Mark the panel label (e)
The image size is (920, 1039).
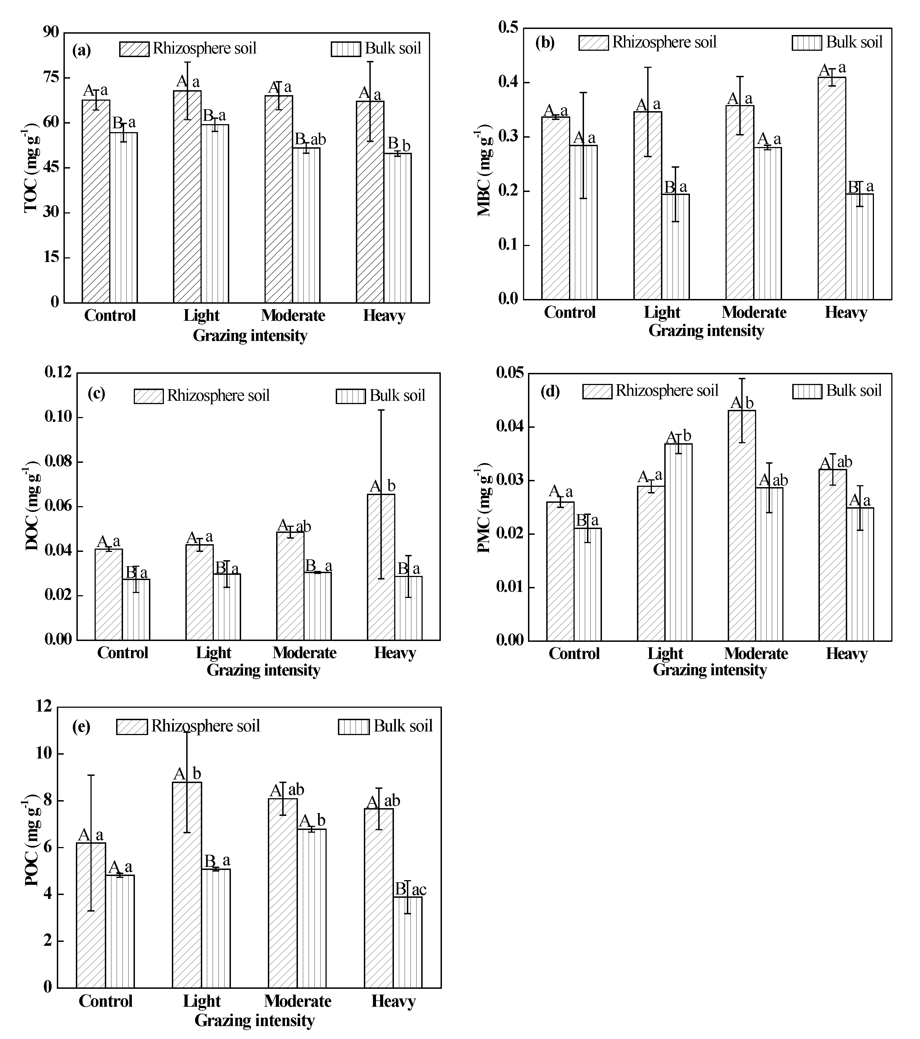[x=82, y=727]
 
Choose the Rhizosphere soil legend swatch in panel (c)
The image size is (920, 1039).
[x=148, y=396]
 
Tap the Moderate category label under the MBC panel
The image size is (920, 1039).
[x=754, y=312]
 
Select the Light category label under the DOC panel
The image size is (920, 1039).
[x=214, y=653]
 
